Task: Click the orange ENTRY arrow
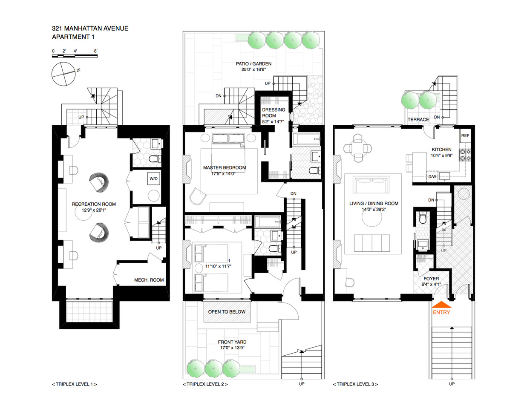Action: [x=441, y=305]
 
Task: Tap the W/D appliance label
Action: [x=153, y=179]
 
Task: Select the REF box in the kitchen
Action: [x=465, y=135]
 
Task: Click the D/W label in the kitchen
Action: [x=432, y=176]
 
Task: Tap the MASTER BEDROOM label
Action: [x=225, y=167]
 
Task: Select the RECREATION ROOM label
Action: [x=94, y=204]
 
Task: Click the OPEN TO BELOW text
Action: [x=227, y=312]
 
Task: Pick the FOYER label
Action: [x=431, y=279]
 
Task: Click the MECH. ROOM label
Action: [x=149, y=280]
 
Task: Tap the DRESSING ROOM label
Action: [x=273, y=112]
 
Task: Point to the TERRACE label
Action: [x=418, y=120]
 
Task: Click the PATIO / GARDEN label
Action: [x=253, y=64]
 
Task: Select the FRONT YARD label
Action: [x=232, y=342]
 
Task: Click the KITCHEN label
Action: [x=441, y=150]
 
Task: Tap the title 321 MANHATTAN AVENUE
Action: [x=90, y=29]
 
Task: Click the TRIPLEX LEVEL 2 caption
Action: [x=205, y=384]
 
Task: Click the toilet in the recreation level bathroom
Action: [x=153, y=159]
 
